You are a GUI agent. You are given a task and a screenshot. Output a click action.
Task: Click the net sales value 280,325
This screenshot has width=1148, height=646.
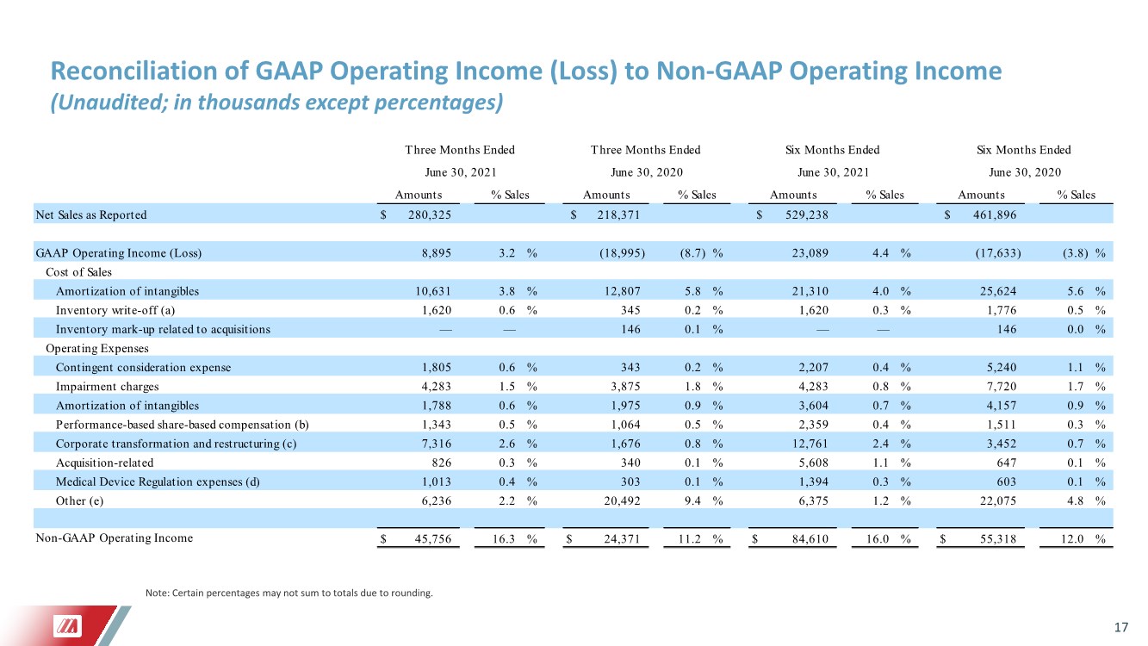[x=430, y=214]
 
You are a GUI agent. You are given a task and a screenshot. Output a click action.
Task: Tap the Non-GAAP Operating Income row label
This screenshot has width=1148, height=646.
[x=115, y=537]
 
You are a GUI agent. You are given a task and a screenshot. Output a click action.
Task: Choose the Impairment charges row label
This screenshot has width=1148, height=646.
[x=107, y=387]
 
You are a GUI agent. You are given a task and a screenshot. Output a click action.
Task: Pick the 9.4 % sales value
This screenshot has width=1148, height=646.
[x=704, y=501]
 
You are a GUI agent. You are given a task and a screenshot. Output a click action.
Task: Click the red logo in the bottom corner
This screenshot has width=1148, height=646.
[x=68, y=626]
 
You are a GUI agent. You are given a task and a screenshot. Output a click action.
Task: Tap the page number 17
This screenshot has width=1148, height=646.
[x=1120, y=627]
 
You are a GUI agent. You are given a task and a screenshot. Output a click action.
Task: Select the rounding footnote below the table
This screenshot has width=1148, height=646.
[x=289, y=593]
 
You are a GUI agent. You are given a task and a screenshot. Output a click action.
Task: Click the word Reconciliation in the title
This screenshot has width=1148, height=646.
[x=133, y=71]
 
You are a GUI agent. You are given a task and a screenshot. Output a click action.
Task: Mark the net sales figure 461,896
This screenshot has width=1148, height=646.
[x=994, y=214]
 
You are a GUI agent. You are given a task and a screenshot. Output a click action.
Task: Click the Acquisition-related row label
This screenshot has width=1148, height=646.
[x=104, y=463]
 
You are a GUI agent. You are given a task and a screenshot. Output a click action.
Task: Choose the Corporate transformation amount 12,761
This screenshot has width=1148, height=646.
[x=810, y=444]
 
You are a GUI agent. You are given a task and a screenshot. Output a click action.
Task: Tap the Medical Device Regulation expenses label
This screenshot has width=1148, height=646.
[x=158, y=482]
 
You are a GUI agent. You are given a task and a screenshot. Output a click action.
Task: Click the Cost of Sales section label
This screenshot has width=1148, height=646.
[x=78, y=272]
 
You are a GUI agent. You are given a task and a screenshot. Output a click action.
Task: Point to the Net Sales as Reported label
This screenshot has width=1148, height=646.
[x=90, y=214]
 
